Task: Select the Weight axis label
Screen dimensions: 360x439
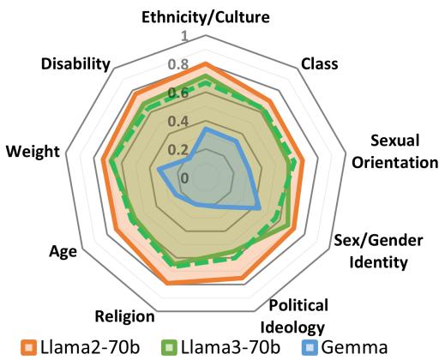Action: (x=33, y=151)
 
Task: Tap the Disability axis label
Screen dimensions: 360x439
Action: (x=75, y=64)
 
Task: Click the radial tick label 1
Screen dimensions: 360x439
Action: (x=183, y=35)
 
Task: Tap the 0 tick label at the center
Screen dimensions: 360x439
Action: (x=183, y=177)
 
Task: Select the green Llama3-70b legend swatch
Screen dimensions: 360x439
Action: (x=168, y=347)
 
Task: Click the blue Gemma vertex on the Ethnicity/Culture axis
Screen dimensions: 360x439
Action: (x=204, y=129)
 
